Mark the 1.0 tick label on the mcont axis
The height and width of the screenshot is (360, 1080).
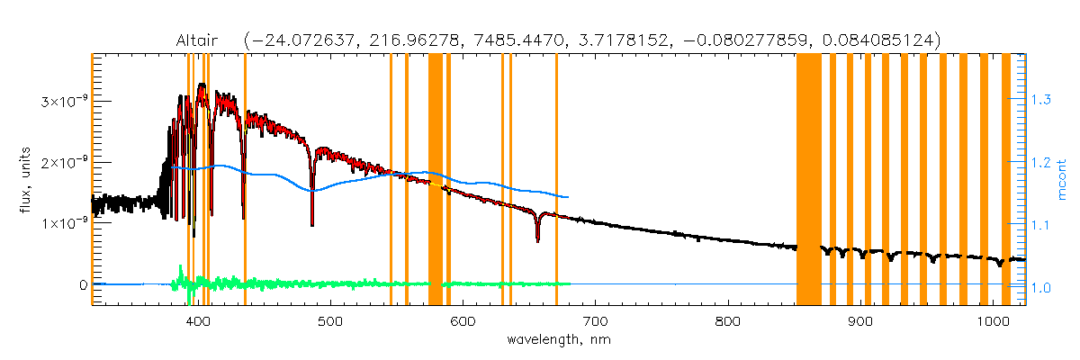pos(1040,287)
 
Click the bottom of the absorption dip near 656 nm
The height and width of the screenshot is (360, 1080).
pos(537,239)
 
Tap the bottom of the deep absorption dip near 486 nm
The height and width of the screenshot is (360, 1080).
pos(312,224)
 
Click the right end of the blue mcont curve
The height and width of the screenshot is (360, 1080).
pos(567,196)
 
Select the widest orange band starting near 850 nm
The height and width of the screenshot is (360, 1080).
pos(808,180)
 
